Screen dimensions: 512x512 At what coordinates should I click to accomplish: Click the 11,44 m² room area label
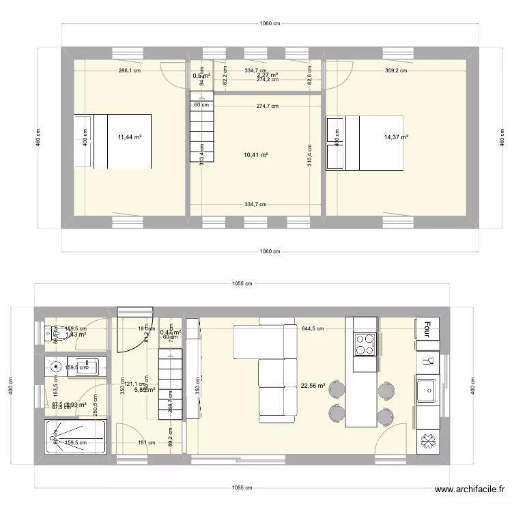[129, 137]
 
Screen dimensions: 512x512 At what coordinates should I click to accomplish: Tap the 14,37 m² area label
[396, 137]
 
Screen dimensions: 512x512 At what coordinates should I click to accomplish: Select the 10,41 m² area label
[255, 155]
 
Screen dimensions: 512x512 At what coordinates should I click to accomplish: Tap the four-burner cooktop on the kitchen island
[365, 345]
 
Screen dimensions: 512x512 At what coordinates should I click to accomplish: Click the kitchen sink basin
[427, 390]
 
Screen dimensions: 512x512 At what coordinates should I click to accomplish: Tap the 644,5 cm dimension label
[313, 328]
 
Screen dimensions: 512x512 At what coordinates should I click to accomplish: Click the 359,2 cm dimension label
[396, 70]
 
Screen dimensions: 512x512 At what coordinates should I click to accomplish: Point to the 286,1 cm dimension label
[129, 70]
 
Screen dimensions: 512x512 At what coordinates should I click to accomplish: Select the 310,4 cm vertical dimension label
[310, 156]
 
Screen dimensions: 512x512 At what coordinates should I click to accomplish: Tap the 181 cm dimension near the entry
[141, 443]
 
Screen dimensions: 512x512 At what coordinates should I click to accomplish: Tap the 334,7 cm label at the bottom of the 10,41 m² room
[255, 203]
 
